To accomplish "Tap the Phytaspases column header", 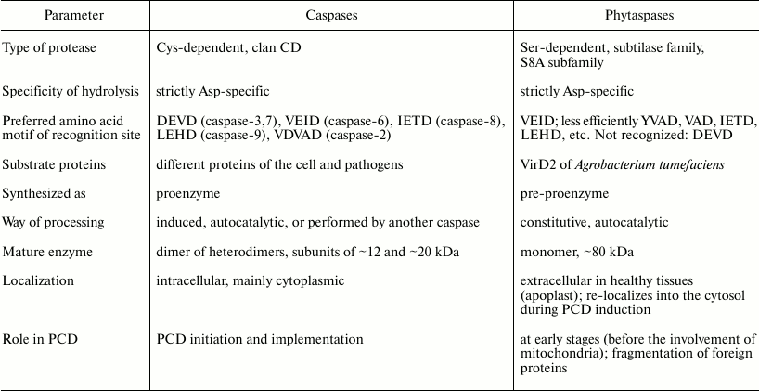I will point(635,16).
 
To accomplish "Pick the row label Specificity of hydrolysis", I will point(71,91).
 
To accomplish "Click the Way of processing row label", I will point(53,223).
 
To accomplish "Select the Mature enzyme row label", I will point(46,252).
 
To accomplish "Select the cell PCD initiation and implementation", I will point(260,339).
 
